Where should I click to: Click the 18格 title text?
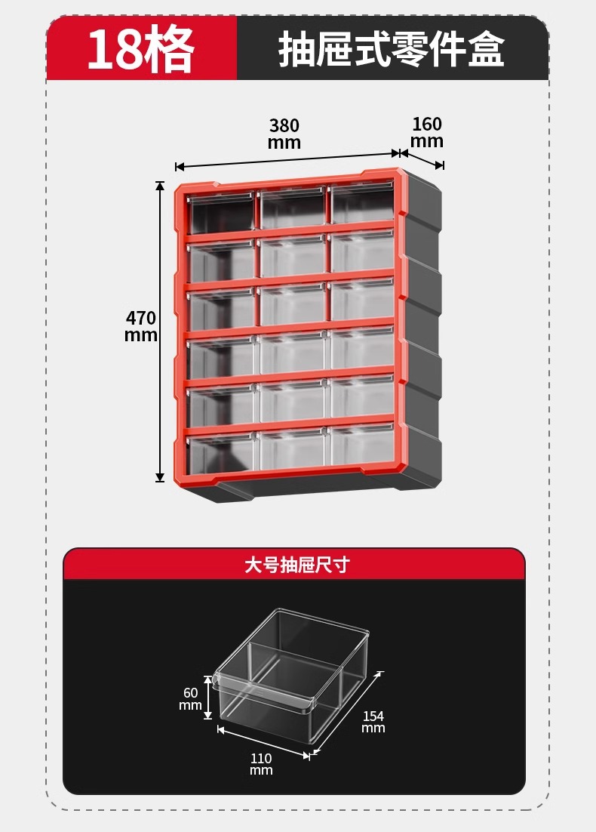coord(141,49)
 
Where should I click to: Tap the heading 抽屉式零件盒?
coord(392,50)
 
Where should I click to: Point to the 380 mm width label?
coord(284,134)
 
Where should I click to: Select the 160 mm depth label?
coord(427,132)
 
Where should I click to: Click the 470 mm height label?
coord(141,326)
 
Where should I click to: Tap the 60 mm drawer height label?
coord(191,698)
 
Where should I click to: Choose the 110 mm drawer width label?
coord(261,763)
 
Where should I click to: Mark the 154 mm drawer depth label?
coord(373,722)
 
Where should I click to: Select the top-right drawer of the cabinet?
coord(363,205)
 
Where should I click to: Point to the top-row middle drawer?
coord(293,208)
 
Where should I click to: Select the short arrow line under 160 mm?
coord(422,159)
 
